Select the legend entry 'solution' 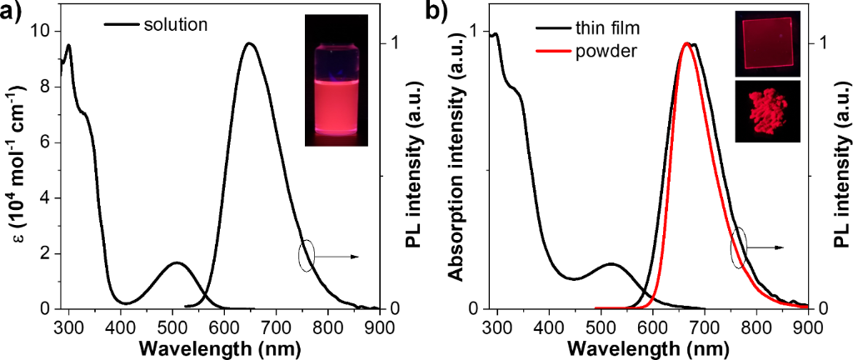coord(174,24)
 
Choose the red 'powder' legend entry coord(606,51)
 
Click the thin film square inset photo coord(767,43)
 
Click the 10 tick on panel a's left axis coord(42,32)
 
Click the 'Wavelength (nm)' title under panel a coord(218,347)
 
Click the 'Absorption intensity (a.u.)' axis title coord(457,167)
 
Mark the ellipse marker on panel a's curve coord(307,256)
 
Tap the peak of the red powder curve coord(686,43)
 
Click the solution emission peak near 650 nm coord(249,43)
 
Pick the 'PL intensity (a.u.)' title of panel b coord(839,167)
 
